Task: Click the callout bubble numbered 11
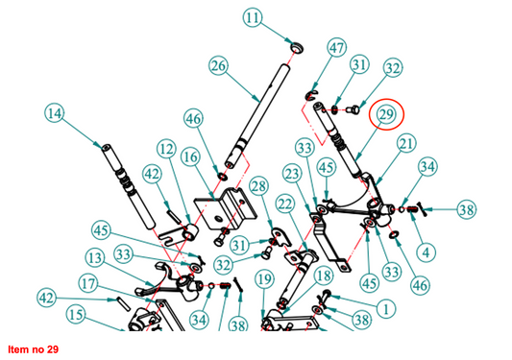pos(253,18)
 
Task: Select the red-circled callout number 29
pos(386,114)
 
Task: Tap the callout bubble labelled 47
pos(336,48)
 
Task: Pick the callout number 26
pos(218,65)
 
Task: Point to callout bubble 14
pos(55,113)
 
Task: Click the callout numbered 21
pos(406,144)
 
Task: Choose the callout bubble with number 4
pos(426,252)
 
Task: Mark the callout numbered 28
pos(259,186)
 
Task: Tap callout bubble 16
pos(191,157)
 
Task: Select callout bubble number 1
pos(386,308)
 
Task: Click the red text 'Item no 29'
pos(34,349)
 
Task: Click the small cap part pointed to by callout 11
pos(297,48)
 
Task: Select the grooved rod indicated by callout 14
pos(129,186)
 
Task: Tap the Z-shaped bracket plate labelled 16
pos(226,209)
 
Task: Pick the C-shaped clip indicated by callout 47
pos(310,96)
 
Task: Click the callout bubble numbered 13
pos(95,258)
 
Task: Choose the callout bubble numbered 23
pos(292,174)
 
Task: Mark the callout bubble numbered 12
pos(166,149)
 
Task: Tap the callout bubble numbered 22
pos(285,204)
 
